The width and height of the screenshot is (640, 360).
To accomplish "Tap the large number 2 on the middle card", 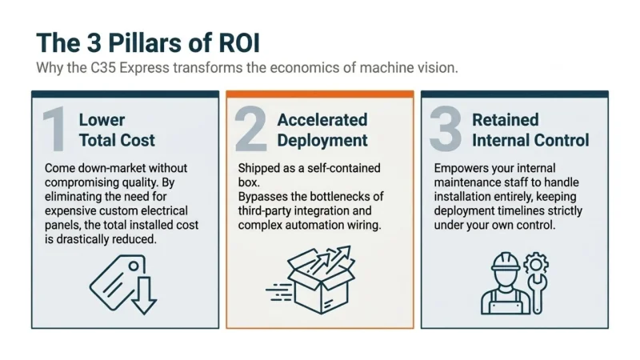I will (x=250, y=130).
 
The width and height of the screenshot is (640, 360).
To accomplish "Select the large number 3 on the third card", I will (x=445, y=130).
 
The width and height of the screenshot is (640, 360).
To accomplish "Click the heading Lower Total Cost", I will (x=117, y=130).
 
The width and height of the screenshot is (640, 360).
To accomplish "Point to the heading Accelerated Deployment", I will (x=322, y=130).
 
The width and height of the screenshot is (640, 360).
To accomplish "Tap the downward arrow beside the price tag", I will (x=144, y=294).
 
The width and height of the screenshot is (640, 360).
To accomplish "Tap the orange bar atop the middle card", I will (x=320, y=94).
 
